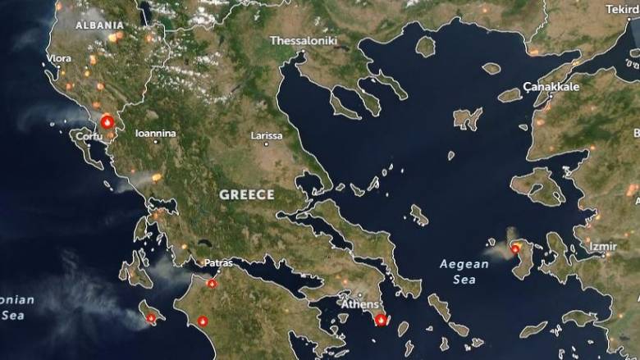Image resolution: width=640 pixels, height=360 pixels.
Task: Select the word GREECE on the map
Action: click(247, 194)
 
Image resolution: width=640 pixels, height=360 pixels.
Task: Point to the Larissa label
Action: click(267, 135)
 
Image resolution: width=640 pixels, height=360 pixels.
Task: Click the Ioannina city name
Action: click(155, 132)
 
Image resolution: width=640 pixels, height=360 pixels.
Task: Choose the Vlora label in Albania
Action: click(59, 59)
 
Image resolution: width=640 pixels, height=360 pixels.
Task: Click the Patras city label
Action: click(219, 263)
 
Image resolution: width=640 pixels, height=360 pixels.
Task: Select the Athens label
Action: click(360, 304)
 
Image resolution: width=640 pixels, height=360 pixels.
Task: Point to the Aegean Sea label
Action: click(464, 271)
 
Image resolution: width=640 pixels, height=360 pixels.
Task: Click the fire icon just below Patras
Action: click(212, 283)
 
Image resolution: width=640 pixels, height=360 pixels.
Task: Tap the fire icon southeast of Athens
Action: click(381, 320)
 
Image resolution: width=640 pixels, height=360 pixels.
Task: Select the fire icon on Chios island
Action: click(515, 248)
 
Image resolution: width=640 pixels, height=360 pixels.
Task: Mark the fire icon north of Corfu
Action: click(106, 121)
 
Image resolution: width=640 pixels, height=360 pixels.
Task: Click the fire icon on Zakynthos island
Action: click(151, 317)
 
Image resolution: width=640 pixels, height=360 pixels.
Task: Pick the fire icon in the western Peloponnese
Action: click(202, 321)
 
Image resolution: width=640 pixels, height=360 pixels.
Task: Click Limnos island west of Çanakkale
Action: click(467, 119)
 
